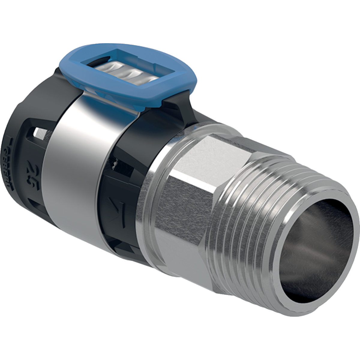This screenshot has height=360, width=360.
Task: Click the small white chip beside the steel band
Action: click(114, 164)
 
